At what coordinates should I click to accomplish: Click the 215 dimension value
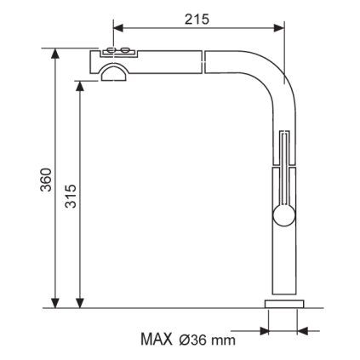197,19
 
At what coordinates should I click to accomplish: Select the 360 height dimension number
46,180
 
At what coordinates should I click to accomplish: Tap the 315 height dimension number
71,196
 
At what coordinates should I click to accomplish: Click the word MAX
157,339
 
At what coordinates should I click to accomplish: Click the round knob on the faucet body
284,216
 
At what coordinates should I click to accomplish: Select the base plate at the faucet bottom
284,304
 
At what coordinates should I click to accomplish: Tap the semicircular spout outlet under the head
114,72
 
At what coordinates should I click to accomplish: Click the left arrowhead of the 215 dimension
118,28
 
